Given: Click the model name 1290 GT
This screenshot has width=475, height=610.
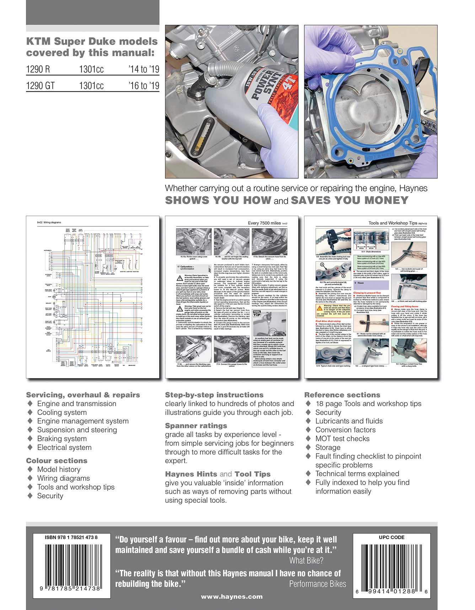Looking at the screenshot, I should tap(41, 86).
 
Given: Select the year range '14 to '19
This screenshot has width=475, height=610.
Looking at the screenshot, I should tap(144, 69).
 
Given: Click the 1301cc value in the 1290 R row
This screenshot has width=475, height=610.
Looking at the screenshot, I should tap(91, 69).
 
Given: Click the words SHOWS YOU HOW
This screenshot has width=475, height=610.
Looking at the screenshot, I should tap(218, 200).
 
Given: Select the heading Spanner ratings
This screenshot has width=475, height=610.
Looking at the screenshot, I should tap(196, 426).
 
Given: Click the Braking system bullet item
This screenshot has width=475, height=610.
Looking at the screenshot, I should tap(62, 439).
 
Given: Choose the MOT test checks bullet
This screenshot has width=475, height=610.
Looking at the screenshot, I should tap(342, 439).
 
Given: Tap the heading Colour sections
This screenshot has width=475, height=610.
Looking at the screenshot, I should tap(57, 460).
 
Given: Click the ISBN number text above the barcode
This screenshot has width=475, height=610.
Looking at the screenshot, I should tap(71, 538).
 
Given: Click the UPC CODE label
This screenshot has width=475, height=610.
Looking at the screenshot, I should tap(391, 538).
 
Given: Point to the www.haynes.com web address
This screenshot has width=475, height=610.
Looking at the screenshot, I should tap(232, 597).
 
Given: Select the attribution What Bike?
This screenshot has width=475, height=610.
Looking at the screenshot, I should tap(306, 561).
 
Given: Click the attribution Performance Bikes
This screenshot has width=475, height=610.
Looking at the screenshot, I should tap(317, 584).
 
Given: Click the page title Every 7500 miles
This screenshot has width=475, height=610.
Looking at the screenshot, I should tap(265, 223).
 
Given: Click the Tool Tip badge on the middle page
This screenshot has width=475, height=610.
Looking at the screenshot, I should tap(257, 313).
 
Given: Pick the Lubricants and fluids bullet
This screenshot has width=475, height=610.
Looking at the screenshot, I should tap(349, 421).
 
